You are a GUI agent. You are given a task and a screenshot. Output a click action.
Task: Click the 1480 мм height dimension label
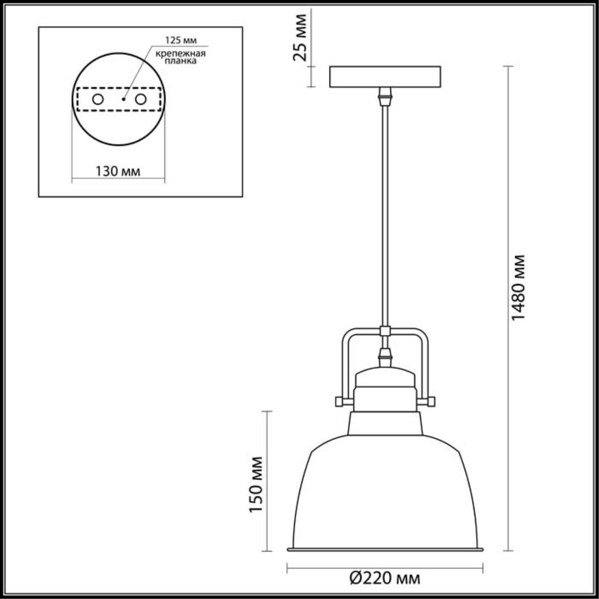click(519, 287)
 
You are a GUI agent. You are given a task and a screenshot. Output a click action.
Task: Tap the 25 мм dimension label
click(300, 37)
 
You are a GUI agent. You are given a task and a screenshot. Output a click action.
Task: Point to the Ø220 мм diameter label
click(385, 578)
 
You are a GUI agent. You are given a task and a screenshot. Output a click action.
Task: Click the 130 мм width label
click(118, 171)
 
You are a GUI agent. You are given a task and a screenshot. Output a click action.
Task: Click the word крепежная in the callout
click(181, 53)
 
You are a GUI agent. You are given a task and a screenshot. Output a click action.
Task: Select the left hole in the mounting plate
click(98, 99)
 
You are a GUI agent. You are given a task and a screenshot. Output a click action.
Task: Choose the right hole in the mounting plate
click(140, 99)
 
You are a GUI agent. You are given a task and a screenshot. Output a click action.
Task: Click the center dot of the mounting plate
click(123, 99)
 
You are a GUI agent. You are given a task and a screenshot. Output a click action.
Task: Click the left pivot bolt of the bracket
click(338, 402)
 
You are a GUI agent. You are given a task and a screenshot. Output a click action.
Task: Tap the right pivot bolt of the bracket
click(431, 402)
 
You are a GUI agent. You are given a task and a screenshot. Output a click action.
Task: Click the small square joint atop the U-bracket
click(385, 331)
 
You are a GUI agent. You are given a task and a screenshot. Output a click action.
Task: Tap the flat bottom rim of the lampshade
click(385, 549)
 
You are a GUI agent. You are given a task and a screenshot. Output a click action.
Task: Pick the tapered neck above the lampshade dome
click(385, 424)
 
